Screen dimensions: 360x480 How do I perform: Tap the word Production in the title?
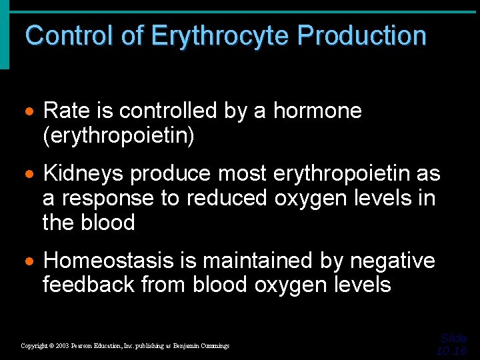coord(362,35)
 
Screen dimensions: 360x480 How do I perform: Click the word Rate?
coord(65,111)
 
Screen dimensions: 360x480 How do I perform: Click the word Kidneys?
coord(83,174)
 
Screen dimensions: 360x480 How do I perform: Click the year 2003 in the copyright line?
coord(62,346)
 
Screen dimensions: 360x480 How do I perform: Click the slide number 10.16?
coord(451,351)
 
